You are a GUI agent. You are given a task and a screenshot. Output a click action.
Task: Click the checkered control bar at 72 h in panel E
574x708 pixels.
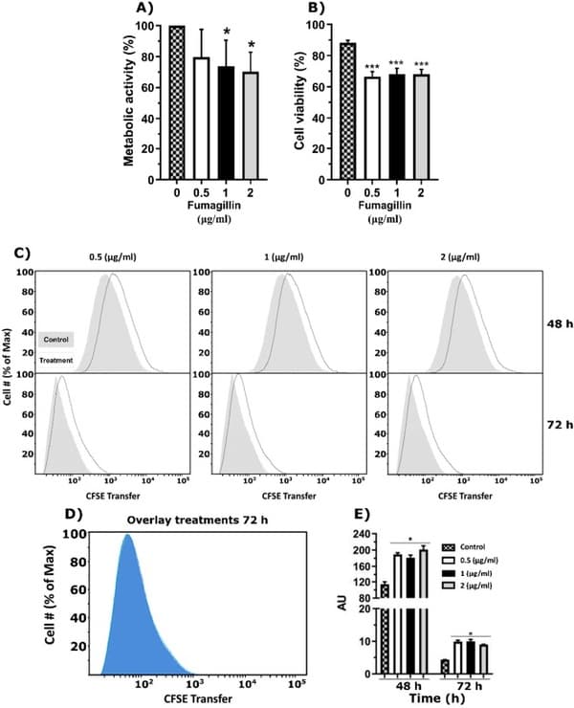pos(445,666)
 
